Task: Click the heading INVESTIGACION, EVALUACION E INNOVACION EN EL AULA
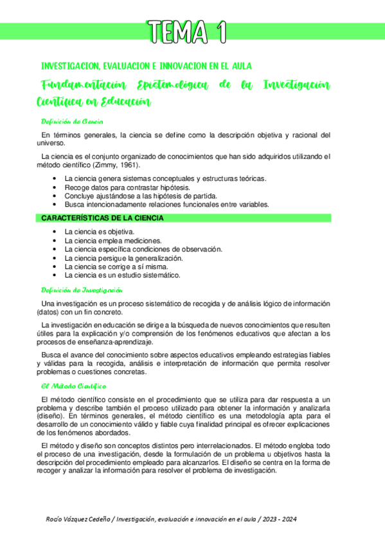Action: click(x=146, y=66)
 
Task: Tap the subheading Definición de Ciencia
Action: click(x=72, y=121)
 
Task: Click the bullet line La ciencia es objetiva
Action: click(x=99, y=231)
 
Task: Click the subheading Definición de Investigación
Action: click(x=81, y=290)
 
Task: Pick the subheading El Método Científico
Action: click(x=73, y=386)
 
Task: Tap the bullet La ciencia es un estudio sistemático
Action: click(x=122, y=275)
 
